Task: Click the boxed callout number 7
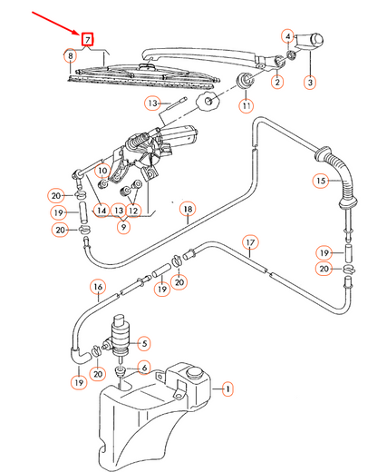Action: click(87, 39)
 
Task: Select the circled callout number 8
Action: click(70, 56)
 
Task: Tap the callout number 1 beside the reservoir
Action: click(227, 390)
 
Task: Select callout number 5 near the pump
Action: click(144, 342)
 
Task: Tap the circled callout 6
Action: click(142, 367)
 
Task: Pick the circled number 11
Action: click(244, 106)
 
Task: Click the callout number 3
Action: click(309, 82)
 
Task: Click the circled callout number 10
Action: click(102, 169)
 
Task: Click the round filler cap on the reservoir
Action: click(192, 372)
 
